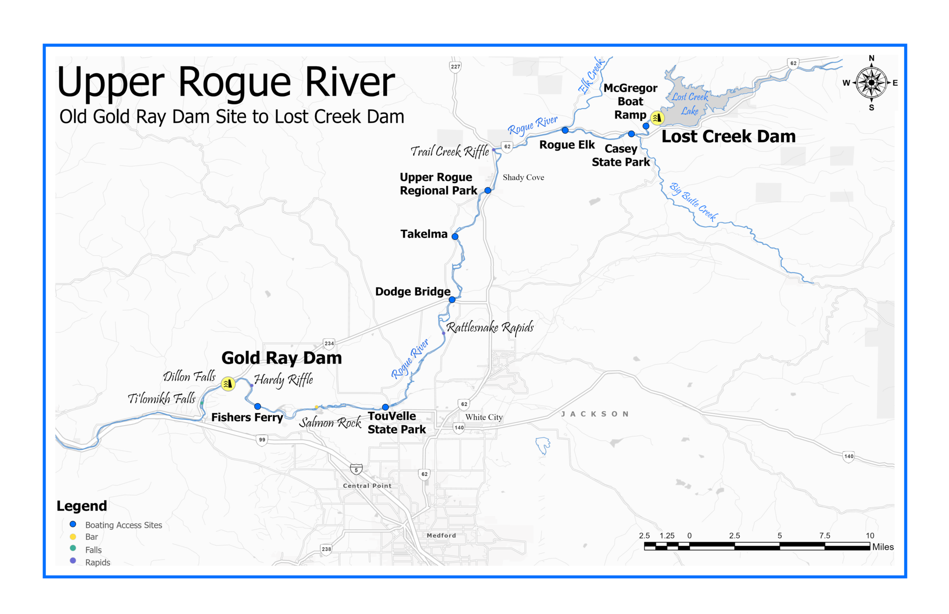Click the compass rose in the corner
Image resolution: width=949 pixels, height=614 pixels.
pyautogui.click(x=871, y=83)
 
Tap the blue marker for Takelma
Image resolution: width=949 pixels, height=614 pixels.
pyautogui.click(x=455, y=236)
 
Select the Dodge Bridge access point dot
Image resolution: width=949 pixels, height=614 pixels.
pyautogui.click(x=452, y=300)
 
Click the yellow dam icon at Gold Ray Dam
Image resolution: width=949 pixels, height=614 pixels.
pyautogui.click(x=228, y=384)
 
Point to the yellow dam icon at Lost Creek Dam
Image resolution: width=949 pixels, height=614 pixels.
pyautogui.click(x=657, y=118)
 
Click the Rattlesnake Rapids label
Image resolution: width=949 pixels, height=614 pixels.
pyautogui.click(x=490, y=328)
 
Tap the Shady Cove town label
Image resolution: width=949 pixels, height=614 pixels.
pyautogui.click(x=523, y=177)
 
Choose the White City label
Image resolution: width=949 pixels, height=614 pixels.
pyautogui.click(x=484, y=417)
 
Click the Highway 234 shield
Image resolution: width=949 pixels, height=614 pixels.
pyautogui.click(x=329, y=343)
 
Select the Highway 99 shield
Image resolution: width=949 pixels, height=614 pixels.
pyautogui.click(x=262, y=440)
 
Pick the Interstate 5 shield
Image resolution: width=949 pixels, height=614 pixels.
pyautogui.click(x=356, y=470)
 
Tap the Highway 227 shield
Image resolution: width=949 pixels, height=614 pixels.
pyautogui.click(x=456, y=67)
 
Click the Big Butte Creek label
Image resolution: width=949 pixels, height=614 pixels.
pyautogui.click(x=694, y=202)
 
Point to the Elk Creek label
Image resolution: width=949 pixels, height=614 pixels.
pyautogui.click(x=591, y=76)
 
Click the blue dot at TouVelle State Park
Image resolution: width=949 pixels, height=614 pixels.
pyautogui.click(x=386, y=407)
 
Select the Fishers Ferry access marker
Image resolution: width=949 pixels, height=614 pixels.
pyautogui.click(x=258, y=406)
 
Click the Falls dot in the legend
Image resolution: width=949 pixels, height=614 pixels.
pyautogui.click(x=73, y=548)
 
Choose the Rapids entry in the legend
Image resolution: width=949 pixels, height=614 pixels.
pyautogui.click(x=98, y=563)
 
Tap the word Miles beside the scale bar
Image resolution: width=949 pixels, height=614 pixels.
pyautogui.click(x=883, y=547)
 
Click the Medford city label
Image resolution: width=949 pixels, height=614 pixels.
pyautogui.click(x=441, y=535)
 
